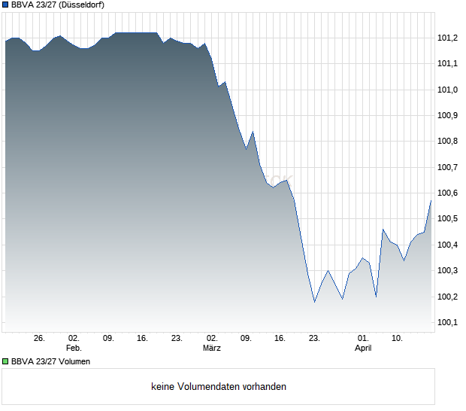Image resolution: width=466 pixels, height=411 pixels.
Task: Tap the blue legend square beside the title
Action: coord(5,5)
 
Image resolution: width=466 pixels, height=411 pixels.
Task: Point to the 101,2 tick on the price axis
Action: coord(448,38)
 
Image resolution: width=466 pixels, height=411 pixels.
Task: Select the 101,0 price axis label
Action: coord(448,90)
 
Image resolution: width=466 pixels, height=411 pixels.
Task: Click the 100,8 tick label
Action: coord(448,142)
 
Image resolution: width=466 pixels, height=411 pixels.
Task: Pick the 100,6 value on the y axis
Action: coord(448,193)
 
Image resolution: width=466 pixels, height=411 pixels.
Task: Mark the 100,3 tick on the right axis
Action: coord(448,271)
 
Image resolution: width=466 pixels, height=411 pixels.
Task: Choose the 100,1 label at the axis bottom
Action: coord(448,323)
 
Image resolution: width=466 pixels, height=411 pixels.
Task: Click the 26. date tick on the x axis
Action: coord(40,339)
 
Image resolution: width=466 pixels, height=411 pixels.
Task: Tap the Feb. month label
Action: coord(74,349)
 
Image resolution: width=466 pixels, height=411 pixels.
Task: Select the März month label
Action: coord(212,349)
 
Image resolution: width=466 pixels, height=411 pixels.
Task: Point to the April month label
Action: coord(363,349)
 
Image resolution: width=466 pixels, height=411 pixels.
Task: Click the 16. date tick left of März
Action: coord(142,339)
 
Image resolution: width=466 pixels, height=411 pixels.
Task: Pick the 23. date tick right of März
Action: coord(314,339)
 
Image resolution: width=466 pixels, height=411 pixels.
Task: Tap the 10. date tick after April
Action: coord(397,339)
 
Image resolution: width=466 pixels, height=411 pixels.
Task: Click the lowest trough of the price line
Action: coord(315,302)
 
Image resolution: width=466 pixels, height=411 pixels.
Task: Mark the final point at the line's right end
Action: coord(431,200)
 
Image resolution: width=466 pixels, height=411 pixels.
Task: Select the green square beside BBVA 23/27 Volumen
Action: coord(5,362)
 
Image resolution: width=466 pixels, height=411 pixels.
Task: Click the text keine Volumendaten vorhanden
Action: coord(219,387)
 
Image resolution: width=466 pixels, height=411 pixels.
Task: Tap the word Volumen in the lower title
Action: coord(74,362)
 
